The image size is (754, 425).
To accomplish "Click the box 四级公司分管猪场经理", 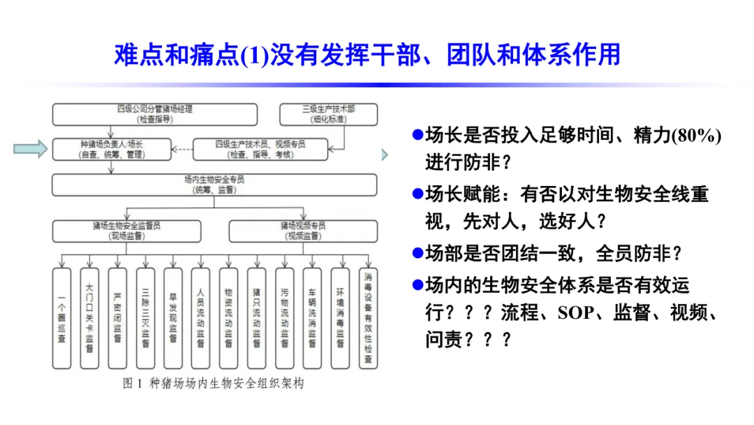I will (x=155, y=114).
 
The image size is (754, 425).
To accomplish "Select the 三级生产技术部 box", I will (x=328, y=114).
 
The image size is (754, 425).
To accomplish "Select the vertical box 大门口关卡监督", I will (x=89, y=318).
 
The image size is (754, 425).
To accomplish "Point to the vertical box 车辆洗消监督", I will (x=312, y=318).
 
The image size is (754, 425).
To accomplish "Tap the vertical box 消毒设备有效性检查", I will (x=368, y=318).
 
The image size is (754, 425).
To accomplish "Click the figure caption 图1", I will (x=133, y=384).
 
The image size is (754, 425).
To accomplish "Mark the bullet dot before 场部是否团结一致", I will (x=417, y=252).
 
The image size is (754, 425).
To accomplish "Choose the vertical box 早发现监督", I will (x=173, y=318).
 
